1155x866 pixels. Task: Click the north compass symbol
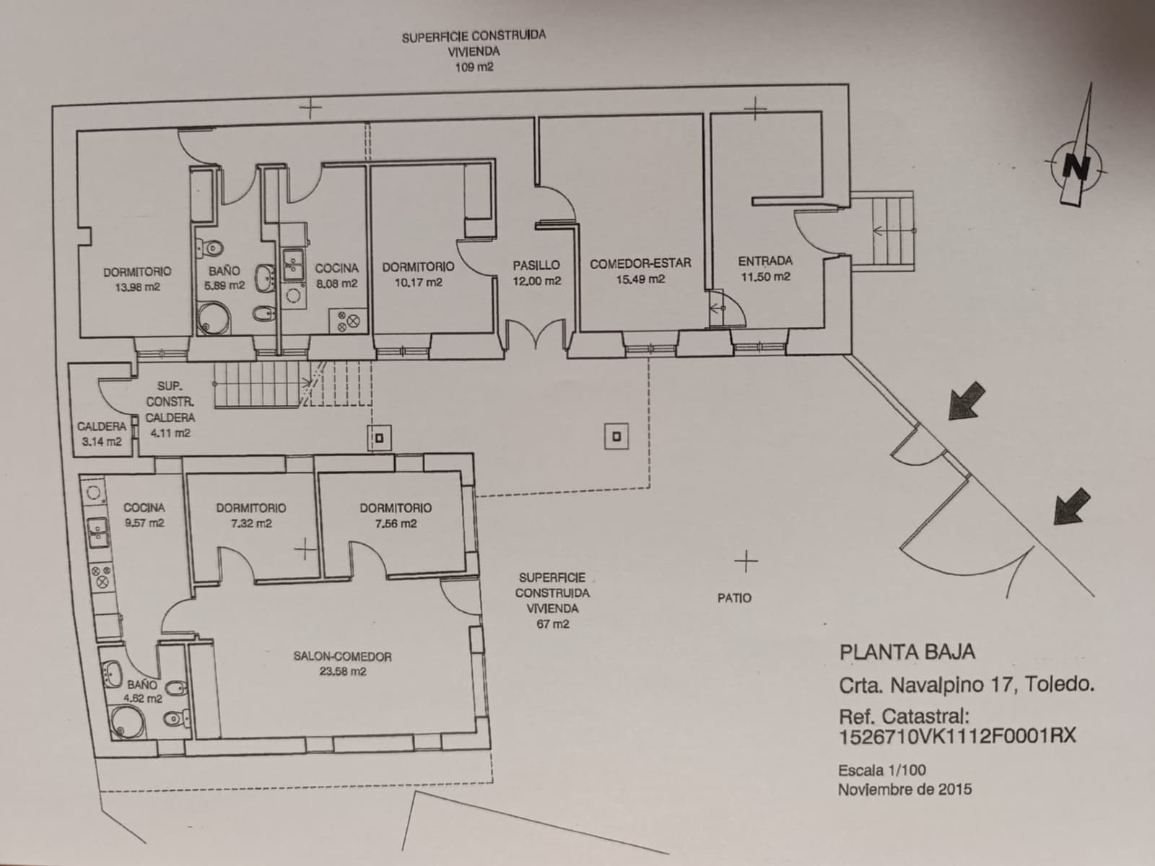1076,167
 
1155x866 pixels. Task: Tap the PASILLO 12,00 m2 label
536,273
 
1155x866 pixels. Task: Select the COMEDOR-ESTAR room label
640,264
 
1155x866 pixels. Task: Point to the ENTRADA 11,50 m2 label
765,268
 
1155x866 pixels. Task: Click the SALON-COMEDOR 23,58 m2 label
342,663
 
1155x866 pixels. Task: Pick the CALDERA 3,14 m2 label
101,434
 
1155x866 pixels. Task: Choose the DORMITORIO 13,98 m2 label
137,279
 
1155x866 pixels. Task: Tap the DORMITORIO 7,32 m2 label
250,515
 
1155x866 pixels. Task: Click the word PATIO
734,598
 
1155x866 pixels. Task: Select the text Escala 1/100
881,770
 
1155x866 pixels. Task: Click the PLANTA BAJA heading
907,652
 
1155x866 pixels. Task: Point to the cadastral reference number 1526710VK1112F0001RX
956,736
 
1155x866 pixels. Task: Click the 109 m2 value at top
474,68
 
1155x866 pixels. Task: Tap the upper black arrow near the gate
967,401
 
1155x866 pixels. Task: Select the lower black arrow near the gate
1071,505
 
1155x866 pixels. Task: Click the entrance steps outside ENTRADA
893,231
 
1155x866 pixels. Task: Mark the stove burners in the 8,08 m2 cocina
347,320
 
